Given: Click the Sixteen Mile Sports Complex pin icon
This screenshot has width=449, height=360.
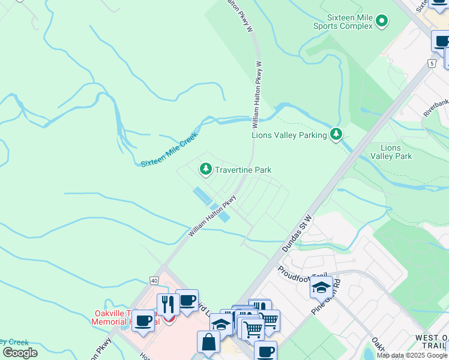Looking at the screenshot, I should (381, 22).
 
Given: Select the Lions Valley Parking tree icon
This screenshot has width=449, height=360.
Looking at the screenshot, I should (337, 135).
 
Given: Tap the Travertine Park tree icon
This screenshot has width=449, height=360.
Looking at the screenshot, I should (206, 170).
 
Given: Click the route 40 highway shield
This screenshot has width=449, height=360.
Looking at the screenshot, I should (155, 280).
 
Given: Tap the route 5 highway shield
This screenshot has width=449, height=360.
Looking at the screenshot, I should (432, 62).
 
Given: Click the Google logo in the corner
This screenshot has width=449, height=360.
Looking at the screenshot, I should (20, 353).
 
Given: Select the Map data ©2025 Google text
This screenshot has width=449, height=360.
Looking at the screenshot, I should (412, 355).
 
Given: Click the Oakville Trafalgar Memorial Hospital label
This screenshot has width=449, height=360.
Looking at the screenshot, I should (125, 317).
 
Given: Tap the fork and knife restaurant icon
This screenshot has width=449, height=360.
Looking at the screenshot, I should (167, 304).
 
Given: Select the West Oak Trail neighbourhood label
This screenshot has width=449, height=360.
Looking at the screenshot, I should (432, 343).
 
